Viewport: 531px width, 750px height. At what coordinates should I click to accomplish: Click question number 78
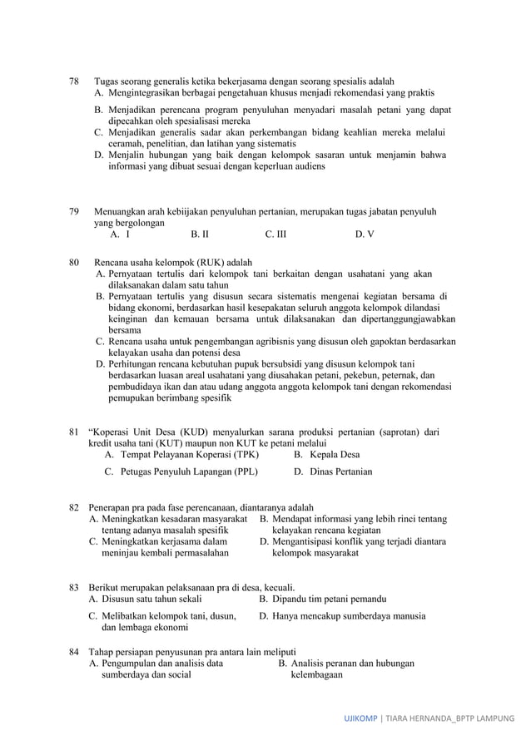click(73, 81)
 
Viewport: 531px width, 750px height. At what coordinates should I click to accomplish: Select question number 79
click(73, 211)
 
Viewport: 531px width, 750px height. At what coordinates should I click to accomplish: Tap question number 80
click(73, 263)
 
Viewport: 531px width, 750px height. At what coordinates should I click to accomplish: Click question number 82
click(73, 507)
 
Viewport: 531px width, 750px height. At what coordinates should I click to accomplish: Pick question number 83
click(73, 588)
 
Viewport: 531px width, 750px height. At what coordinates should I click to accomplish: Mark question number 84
click(73, 651)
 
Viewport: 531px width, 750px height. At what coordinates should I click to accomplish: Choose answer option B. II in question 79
click(199, 234)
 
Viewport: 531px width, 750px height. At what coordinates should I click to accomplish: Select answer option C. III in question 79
click(275, 234)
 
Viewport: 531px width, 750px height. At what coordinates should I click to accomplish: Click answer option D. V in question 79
click(364, 234)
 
